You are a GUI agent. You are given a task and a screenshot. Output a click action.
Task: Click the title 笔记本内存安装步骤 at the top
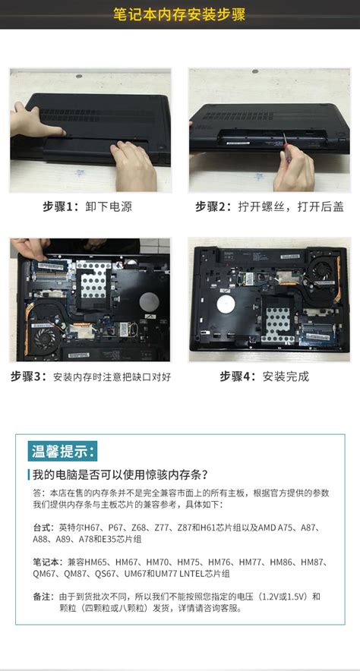point(179,15)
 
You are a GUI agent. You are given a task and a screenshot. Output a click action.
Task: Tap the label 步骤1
point(60,206)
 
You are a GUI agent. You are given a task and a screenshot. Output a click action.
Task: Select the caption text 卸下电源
point(109,206)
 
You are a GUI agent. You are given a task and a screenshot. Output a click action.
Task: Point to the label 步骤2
point(213,206)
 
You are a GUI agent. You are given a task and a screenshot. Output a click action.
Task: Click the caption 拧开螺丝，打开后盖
point(291,206)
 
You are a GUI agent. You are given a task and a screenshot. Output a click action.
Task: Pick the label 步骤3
point(29,376)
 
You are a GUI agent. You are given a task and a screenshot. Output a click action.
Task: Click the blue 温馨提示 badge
point(63,452)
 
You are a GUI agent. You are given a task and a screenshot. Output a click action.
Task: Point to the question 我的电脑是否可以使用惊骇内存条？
point(119,475)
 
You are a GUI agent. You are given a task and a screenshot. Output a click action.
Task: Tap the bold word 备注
point(43,597)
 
